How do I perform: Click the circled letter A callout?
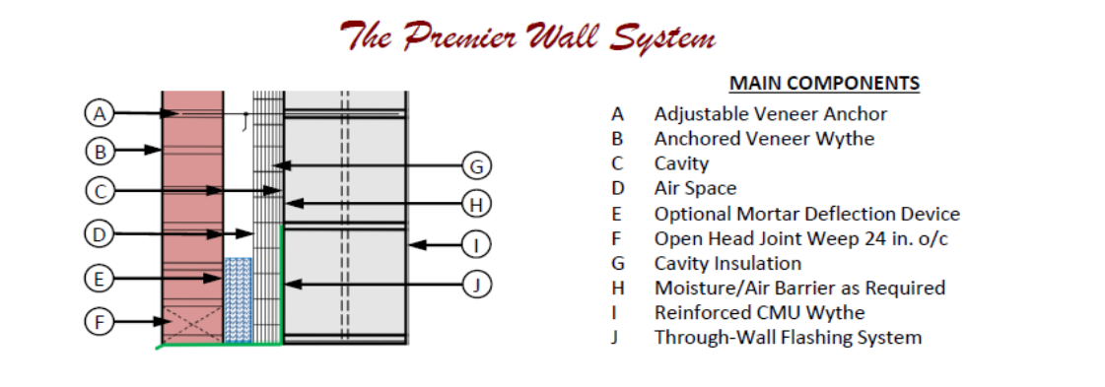[100, 112]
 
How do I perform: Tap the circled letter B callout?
[101, 151]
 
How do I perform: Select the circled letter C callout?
[101, 191]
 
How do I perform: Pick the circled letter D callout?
[99, 233]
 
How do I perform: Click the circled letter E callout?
[99, 279]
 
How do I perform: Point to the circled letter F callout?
[100, 322]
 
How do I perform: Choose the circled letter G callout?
[477, 166]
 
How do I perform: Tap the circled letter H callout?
[477, 204]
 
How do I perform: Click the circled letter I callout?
[477, 245]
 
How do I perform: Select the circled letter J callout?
[477, 285]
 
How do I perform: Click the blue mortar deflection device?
[239, 299]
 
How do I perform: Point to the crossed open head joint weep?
[192, 325]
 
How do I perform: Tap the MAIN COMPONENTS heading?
[824, 83]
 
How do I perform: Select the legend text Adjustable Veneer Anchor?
[770, 114]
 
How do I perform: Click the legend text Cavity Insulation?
[727, 263]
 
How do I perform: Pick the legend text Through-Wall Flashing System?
[788, 338]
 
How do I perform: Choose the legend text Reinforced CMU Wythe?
[759, 312]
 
